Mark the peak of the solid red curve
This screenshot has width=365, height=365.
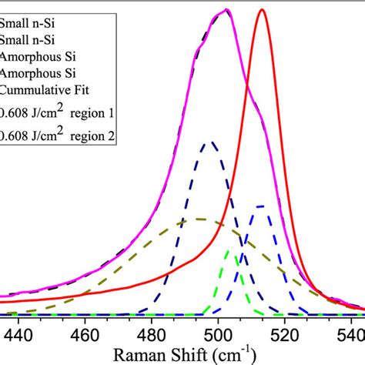coord(263,10)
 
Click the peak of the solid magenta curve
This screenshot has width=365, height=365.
coord(226,10)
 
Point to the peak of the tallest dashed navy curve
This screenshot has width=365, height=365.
coord(209,142)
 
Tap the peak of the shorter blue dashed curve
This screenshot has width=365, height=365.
coord(260,206)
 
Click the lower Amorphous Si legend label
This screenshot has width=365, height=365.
coord(38,73)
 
